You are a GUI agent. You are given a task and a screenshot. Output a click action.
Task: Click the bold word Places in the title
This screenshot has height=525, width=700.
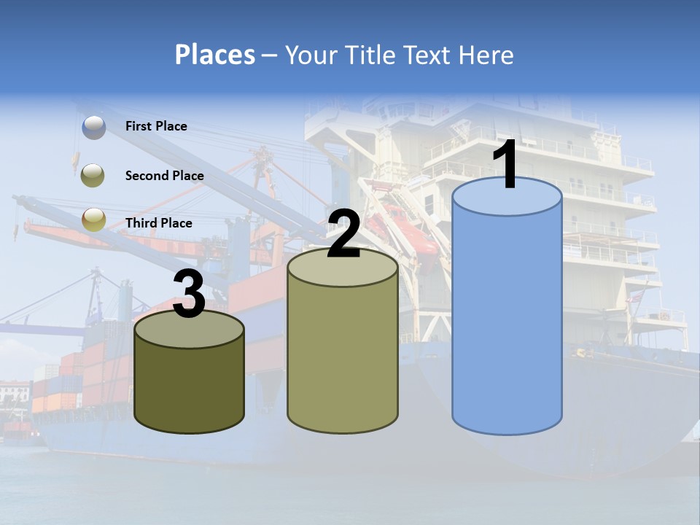click(215, 55)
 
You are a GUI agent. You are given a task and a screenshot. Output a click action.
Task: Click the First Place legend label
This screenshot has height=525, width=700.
click(156, 126)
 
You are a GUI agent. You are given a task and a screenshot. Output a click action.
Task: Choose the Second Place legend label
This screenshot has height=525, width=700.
click(164, 175)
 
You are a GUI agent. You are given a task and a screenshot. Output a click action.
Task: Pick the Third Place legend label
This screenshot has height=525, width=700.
click(158, 223)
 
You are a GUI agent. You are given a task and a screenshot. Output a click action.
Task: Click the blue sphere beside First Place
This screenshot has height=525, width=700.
click(94, 128)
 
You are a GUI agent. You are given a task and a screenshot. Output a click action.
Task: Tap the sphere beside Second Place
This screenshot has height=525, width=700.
click(94, 175)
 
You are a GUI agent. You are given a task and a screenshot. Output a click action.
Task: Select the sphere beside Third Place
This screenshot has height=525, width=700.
click(94, 219)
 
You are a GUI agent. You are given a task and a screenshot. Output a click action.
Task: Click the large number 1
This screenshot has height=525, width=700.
click(506, 165)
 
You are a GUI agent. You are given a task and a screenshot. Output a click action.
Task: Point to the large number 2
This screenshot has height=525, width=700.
click(343, 233)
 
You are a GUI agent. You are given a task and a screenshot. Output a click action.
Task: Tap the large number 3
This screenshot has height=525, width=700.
click(190, 294)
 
